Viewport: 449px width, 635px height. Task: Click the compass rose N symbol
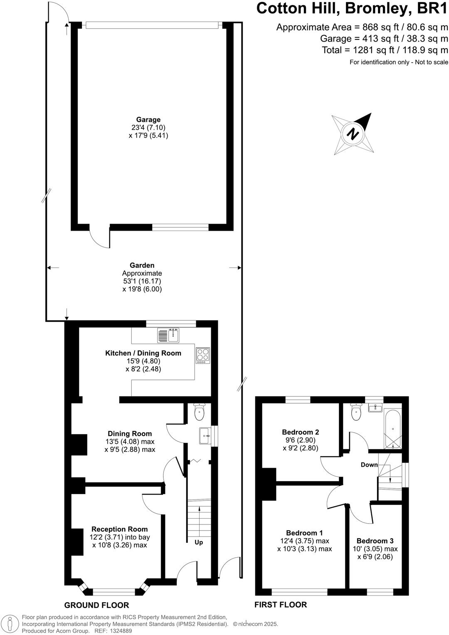click(353, 134)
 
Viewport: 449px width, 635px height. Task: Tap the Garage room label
click(148, 120)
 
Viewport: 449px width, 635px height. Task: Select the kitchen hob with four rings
click(203, 356)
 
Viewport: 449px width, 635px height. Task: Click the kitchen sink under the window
click(168, 335)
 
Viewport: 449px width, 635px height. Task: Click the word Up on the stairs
click(199, 542)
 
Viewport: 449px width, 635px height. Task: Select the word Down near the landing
click(369, 465)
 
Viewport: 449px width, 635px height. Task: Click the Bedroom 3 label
click(375, 541)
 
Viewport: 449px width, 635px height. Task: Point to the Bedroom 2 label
click(300, 432)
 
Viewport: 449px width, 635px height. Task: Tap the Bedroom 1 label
click(304, 533)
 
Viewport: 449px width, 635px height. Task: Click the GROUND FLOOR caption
click(96, 605)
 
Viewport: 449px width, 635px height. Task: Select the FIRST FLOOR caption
click(281, 605)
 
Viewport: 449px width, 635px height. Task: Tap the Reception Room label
click(119, 529)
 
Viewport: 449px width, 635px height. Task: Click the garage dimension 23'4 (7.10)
click(148, 128)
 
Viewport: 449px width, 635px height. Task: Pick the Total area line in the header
click(385, 50)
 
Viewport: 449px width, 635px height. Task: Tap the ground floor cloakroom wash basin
click(205, 435)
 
